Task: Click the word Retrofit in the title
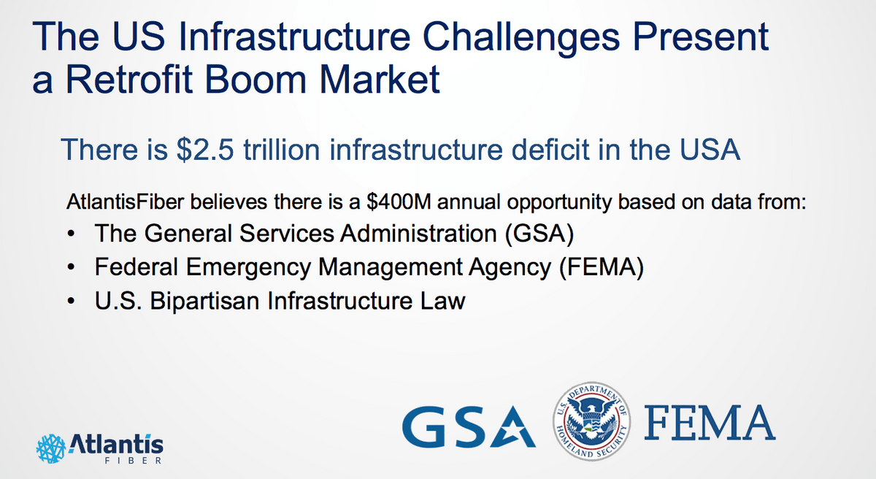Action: point(129,80)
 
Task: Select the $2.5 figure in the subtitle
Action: point(205,150)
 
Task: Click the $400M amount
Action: point(399,202)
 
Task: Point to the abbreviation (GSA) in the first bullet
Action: point(539,234)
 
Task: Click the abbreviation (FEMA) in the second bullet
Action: point(602,267)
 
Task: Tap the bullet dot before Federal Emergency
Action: point(71,267)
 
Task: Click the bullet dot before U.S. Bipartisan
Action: point(71,302)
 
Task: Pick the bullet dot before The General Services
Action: point(71,234)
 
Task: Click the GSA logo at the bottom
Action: point(469,426)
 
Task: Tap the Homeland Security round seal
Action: point(591,421)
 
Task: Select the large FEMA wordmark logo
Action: point(710,423)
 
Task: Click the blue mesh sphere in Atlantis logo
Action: point(51,448)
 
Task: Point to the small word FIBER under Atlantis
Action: point(134,461)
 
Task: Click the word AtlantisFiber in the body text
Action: point(125,202)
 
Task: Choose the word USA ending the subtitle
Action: point(710,150)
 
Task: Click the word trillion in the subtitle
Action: point(282,150)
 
